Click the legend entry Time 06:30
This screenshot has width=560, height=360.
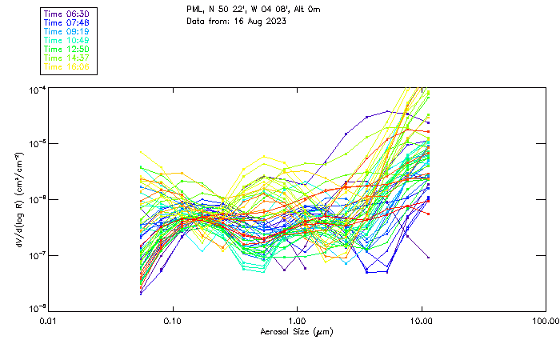pyautogui.click(x=66, y=14)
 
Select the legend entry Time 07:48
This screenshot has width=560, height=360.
pyautogui.click(x=66, y=23)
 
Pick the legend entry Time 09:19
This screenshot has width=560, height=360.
pyautogui.click(x=66, y=32)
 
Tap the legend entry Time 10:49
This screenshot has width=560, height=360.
pyautogui.click(x=66, y=41)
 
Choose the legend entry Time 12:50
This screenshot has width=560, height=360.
pyautogui.click(x=66, y=50)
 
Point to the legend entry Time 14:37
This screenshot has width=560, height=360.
pyautogui.click(x=66, y=58)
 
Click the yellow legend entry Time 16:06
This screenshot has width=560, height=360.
pyautogui.click(x=66, y=67)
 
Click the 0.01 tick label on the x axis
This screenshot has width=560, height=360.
pyautogui.click(x=49, y=322)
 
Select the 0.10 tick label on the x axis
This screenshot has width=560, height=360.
pyautogui.click(x=173, y=322)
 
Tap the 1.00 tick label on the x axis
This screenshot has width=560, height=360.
pyautogui.click(x=297, y=322)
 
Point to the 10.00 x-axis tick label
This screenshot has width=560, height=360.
pyautogui.click(x=421, y=322)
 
